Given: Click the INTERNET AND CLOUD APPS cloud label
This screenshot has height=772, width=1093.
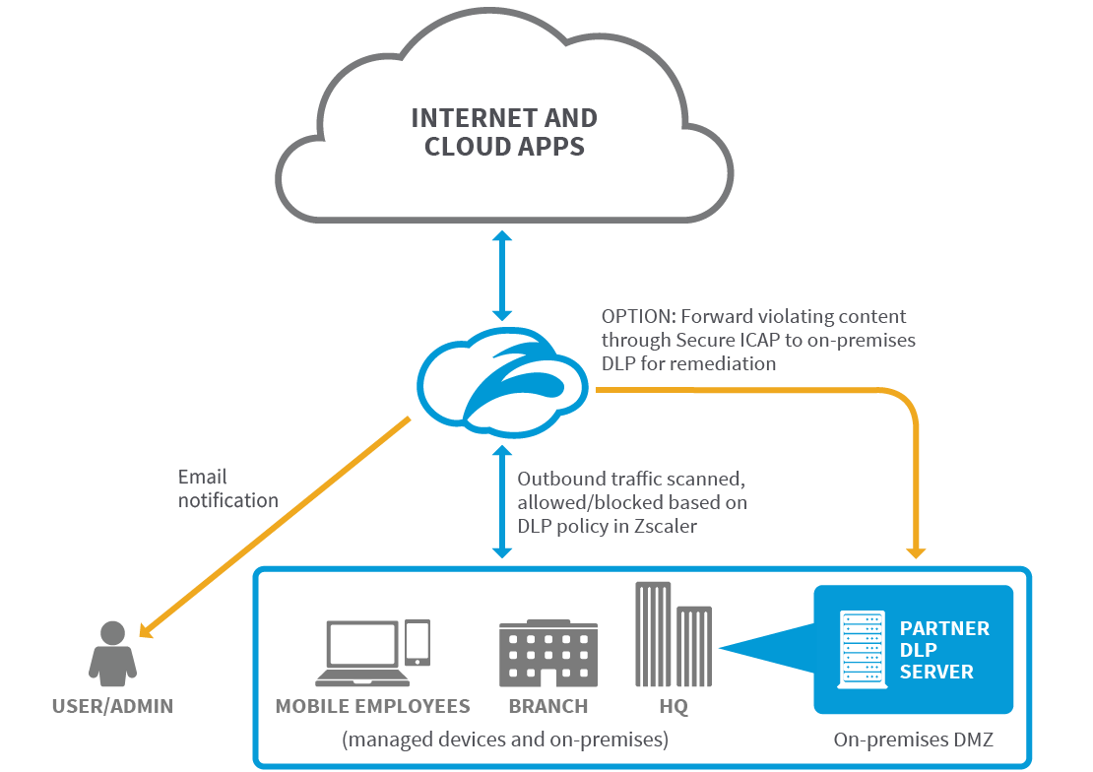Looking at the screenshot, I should tap(503, 133).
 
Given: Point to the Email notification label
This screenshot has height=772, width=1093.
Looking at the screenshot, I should tap(227, 489).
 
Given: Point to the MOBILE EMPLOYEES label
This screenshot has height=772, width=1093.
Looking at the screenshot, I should tap(372, 706).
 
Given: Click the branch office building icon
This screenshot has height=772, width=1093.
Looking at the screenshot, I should tap(547, 654).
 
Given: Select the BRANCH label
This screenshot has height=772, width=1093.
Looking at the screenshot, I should tap(548, 706).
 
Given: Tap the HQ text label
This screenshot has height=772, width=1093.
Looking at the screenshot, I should tap(674, 706).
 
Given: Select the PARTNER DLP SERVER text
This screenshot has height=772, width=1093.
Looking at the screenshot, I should tap(942, 650).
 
